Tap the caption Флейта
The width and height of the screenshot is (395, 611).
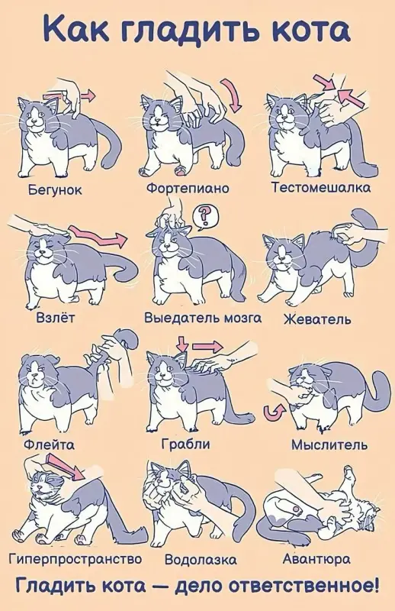point(49,444)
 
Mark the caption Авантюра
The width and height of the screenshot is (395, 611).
point(316,559)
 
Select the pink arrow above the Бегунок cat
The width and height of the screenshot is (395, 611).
point(85,95)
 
